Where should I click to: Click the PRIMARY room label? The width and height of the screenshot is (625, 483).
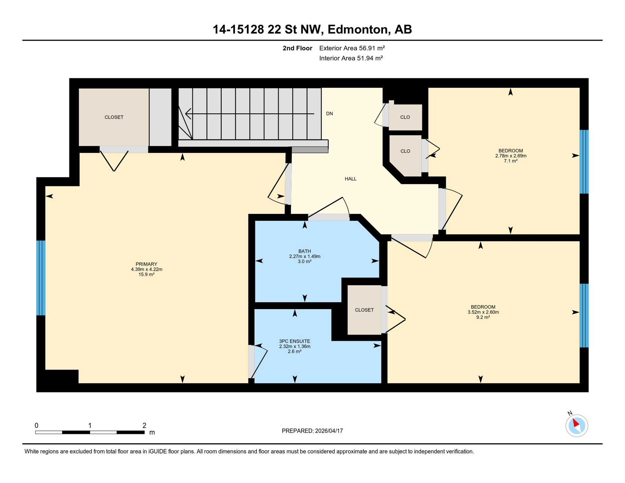coord(147,264)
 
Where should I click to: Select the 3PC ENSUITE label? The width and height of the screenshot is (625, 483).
coord(295,341)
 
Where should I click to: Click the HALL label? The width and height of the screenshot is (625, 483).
coord(351,179)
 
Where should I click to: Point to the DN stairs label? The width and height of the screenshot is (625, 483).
coord(329,114)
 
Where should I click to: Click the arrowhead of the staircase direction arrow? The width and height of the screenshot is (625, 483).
coord(188,114)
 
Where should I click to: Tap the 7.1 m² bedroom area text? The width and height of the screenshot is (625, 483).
coord(511,161)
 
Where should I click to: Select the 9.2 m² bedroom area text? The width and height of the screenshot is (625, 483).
coord(483,317)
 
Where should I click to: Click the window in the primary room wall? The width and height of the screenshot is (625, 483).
coord(41,278)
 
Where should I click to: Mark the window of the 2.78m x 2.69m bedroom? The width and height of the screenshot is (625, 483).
coord(584,162)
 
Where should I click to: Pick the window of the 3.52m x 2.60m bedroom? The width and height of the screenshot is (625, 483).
coord(584,315)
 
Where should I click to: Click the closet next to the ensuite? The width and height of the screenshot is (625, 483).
coord(364,310)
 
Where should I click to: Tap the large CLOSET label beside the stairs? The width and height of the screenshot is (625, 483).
coord(114,117)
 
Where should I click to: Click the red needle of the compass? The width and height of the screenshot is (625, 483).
coord(576,423)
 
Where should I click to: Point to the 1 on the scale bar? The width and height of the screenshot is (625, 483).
coord(90,425)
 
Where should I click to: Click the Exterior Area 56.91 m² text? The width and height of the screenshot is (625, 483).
coord(352,48)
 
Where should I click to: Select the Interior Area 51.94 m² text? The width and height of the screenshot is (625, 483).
coord(351,58)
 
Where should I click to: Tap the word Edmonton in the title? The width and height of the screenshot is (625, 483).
coord(357,29)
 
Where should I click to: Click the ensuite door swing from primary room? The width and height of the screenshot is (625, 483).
coord(260,362)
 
